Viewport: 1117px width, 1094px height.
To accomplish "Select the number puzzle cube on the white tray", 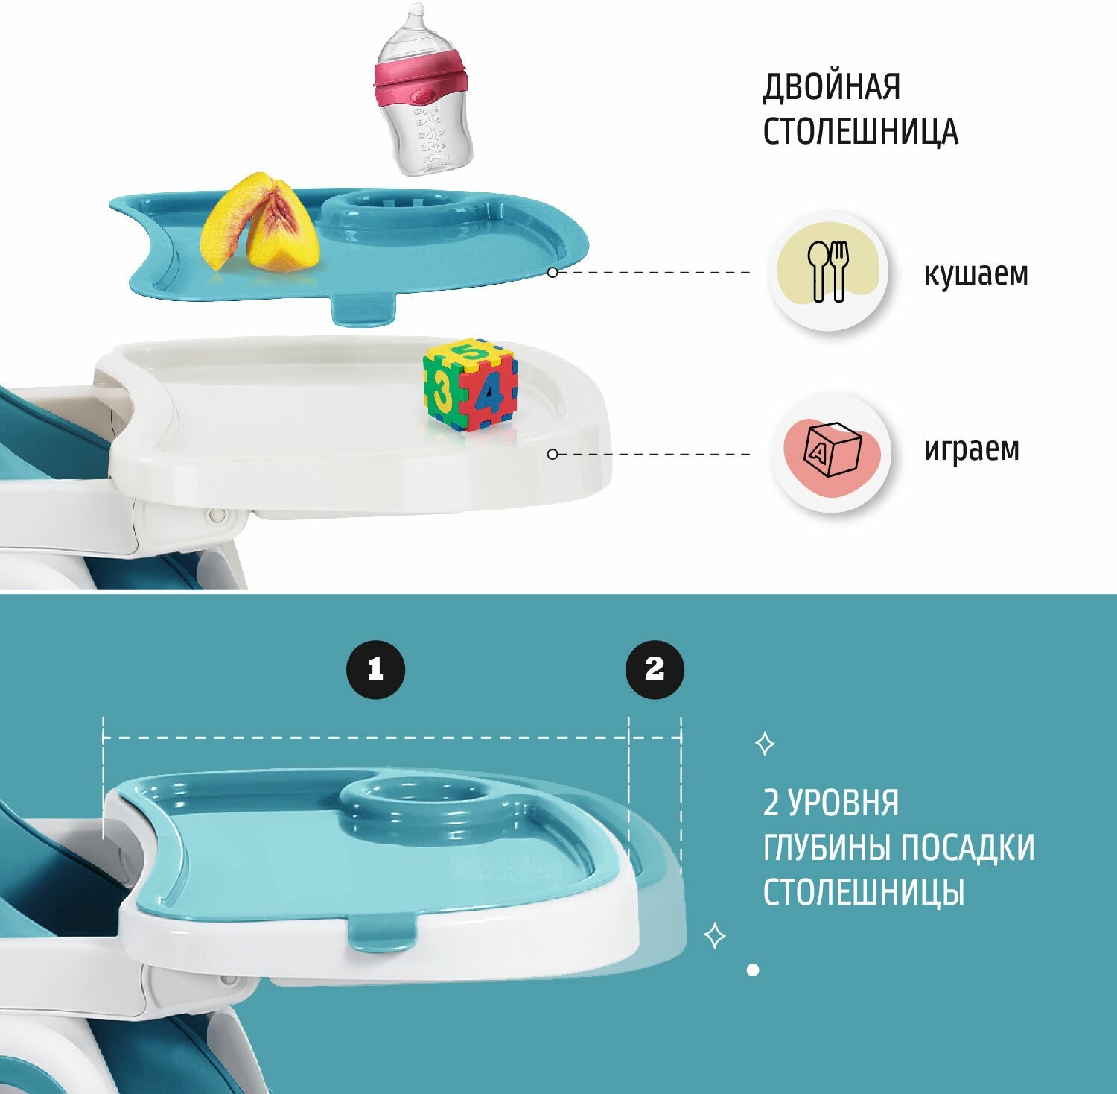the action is tap(470, 385).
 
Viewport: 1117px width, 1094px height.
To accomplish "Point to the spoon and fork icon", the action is tap(828, 271).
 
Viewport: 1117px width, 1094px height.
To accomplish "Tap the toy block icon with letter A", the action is tap(832, 451).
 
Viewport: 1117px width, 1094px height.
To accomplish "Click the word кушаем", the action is tap(976, 273).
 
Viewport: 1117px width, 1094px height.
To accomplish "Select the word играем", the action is tap(971, 449).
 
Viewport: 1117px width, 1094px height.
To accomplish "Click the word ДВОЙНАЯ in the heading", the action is tap(831, 87).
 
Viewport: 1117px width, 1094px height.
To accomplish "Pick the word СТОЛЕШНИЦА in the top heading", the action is tap(860, 131).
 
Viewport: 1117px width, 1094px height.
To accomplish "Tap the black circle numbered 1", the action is tap(376, 668).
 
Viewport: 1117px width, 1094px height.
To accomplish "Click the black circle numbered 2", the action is tap(655, 668).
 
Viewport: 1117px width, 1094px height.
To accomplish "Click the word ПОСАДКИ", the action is tap(967, 847).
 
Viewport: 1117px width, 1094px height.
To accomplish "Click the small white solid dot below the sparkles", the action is tap(753, 970).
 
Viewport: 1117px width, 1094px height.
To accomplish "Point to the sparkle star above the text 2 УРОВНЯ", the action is tap(765, 744).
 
